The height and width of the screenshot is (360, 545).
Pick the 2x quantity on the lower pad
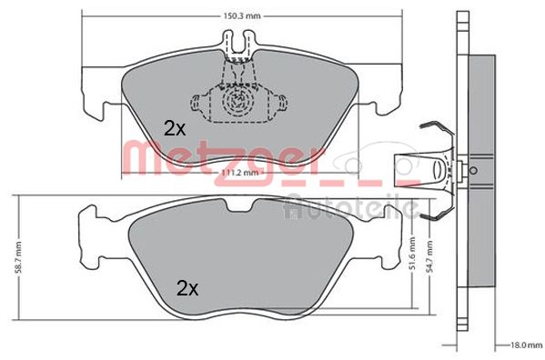187,289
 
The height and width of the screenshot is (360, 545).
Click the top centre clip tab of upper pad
239,42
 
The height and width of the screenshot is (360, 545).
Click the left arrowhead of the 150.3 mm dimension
86,15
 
